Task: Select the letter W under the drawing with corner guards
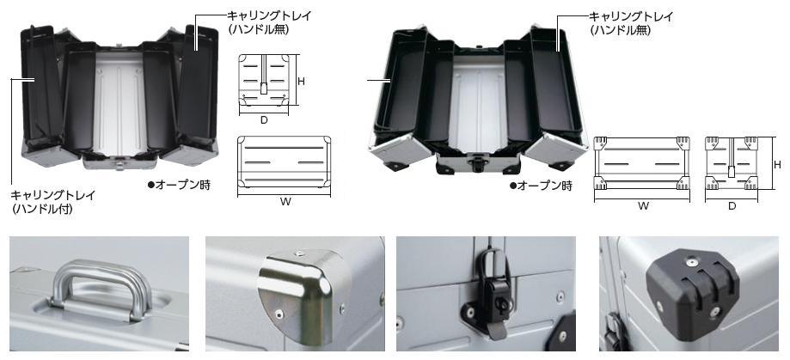tap(643, 206)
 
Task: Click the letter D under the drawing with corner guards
tap(732, 206)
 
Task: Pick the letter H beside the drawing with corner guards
tap(776, 163)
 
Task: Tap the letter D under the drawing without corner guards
tap(264, 119)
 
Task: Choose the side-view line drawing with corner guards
tap(732, 162)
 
